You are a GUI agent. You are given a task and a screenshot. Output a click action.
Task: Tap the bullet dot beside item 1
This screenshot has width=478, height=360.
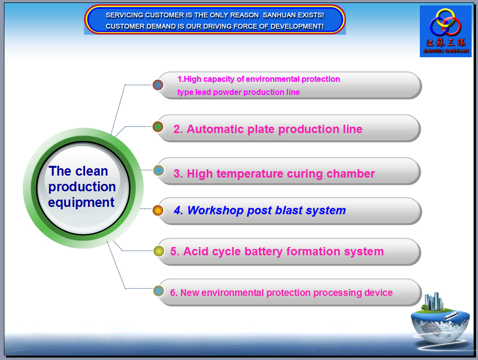click(158, 85)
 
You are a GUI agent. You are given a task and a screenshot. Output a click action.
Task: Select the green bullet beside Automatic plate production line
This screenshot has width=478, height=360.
click(158, 127)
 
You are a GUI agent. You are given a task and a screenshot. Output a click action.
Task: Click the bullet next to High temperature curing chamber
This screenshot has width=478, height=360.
click(158, 170)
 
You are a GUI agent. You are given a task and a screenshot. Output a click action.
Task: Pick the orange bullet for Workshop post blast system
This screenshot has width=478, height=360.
click(158, 210)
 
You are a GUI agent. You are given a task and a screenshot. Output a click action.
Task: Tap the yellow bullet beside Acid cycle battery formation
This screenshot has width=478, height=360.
click(159, 251)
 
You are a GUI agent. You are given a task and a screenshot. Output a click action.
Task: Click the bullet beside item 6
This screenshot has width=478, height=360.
click(158, 291)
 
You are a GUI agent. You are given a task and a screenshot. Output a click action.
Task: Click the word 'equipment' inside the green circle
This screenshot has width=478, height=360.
click(82, 203)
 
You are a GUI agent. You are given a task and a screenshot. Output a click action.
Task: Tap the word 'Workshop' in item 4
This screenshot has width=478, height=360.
click(215, 210)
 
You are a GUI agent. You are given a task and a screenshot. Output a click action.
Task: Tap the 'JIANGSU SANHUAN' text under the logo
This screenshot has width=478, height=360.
click(446, 51)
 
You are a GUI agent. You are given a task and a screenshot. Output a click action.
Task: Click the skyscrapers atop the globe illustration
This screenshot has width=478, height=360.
click(434, 301)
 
